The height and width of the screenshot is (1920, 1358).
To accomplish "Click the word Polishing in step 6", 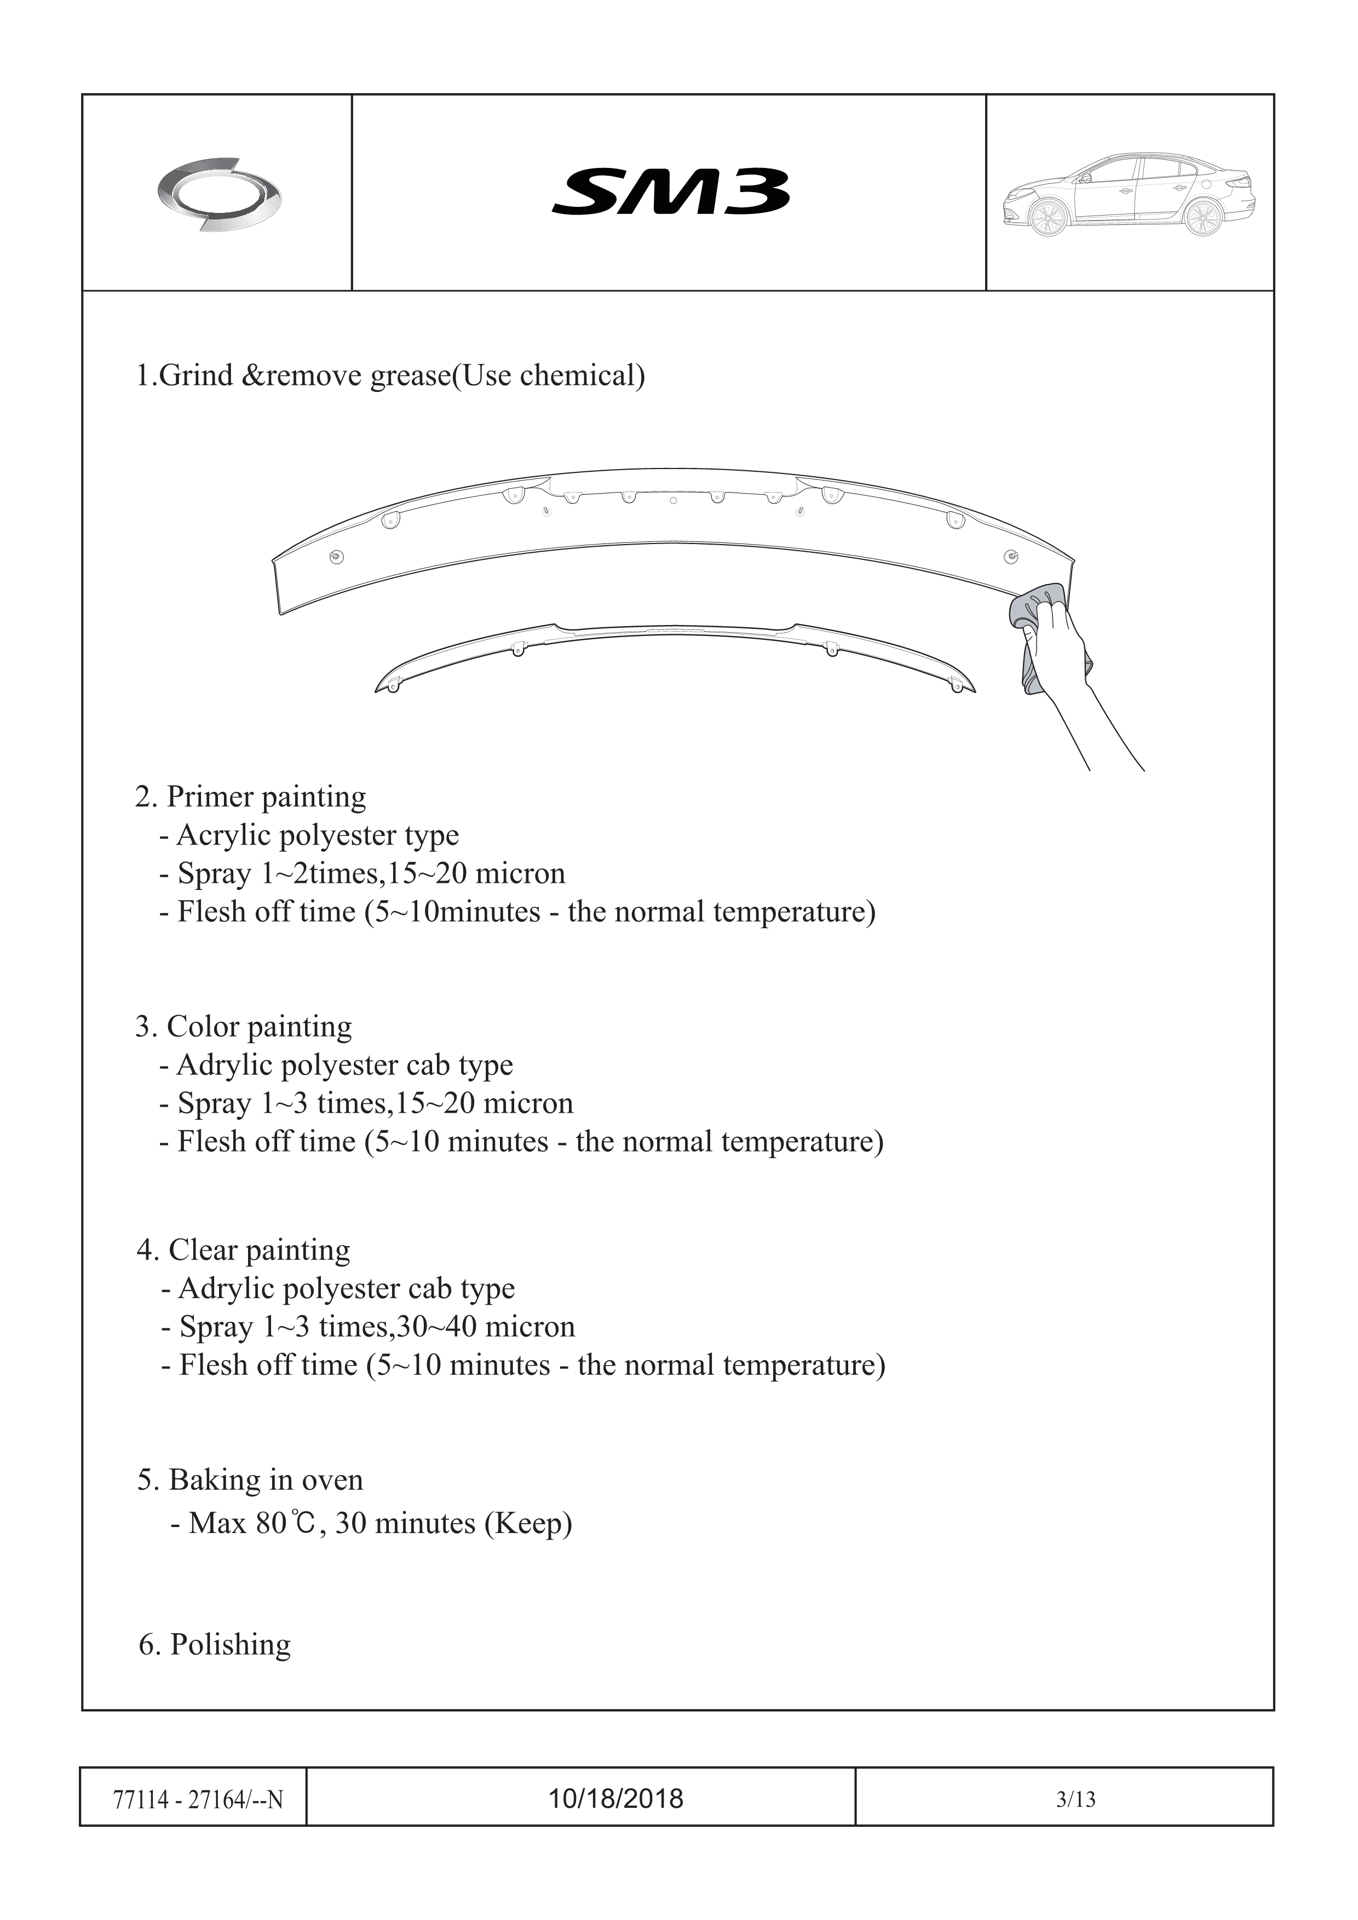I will click(x=230, y=1645).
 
